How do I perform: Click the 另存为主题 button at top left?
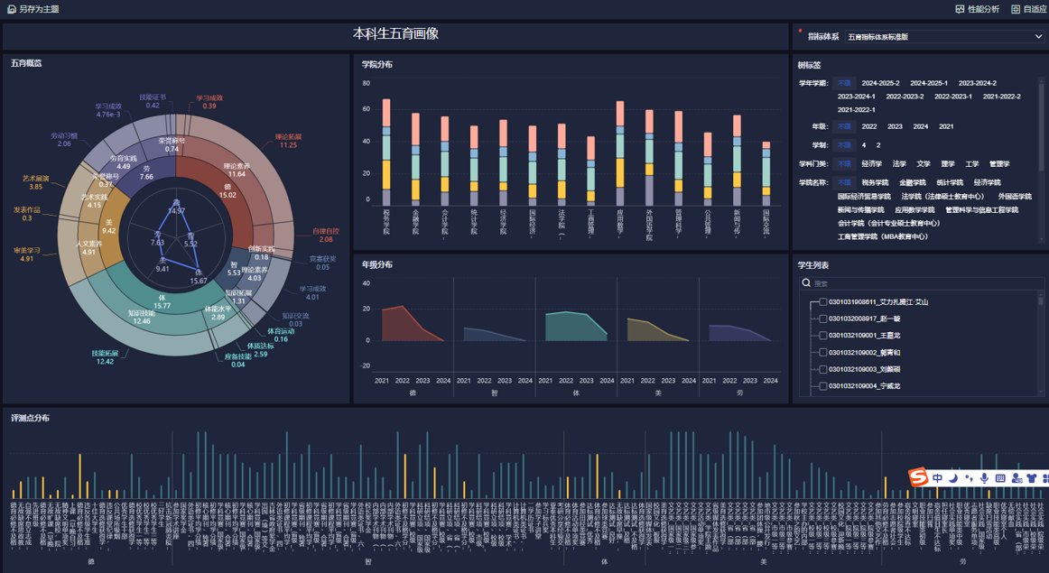point(33,9)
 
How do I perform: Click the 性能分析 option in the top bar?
point(978,9)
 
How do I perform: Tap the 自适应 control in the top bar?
point(1029,9)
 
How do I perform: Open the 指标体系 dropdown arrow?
point(1038,37)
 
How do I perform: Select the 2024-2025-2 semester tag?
point(880,83)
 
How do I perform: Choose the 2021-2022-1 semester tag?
point(857,109)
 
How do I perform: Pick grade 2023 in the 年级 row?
point(895,126)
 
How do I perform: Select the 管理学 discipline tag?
point(999,164)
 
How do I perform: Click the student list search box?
point(921,283)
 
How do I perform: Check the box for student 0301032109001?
point(823,336)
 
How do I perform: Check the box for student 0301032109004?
point(823,386)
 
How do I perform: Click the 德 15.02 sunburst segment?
point(228,189)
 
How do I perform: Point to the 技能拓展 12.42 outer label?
point(103,357)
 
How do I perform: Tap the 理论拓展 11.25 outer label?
point(288,141)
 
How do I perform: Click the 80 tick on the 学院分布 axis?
point(367,83)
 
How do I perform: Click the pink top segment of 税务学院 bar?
point(386,112)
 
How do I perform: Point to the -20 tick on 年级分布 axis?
point(366,365)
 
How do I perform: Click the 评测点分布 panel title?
point(31,418)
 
